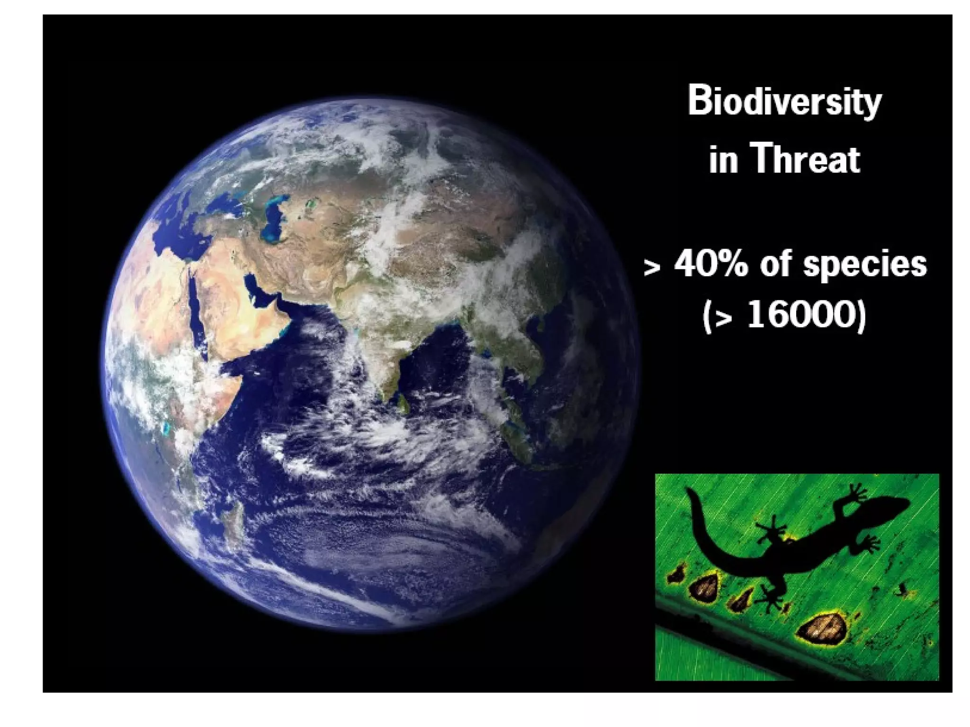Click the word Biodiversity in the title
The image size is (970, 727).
[784, 101]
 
